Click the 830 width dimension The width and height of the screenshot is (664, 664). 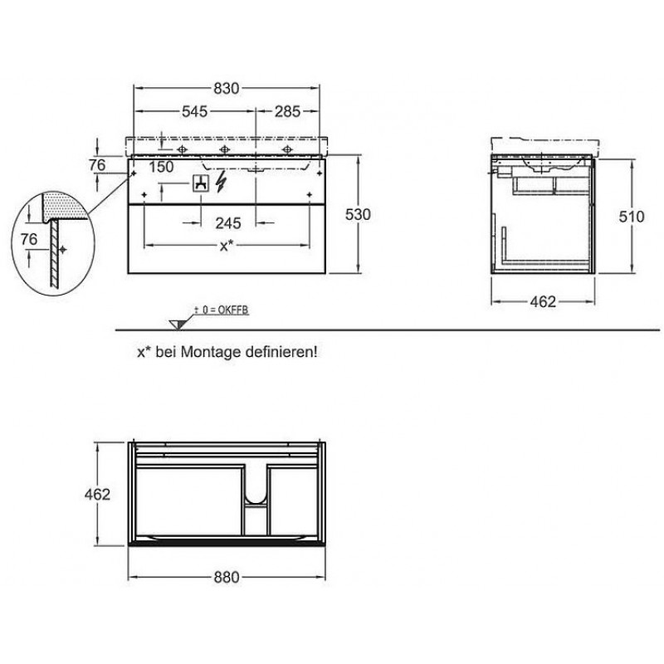226,89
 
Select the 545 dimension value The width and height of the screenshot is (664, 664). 194,111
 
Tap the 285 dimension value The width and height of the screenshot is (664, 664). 287,111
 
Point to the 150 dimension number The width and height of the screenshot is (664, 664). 161,167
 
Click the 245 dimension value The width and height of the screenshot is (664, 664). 228,223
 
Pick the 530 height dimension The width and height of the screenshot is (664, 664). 359,215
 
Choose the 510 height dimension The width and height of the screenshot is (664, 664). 632,217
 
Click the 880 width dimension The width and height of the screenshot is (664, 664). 227,577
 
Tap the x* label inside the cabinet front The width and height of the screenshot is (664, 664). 227,245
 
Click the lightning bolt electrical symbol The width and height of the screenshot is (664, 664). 221,182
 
